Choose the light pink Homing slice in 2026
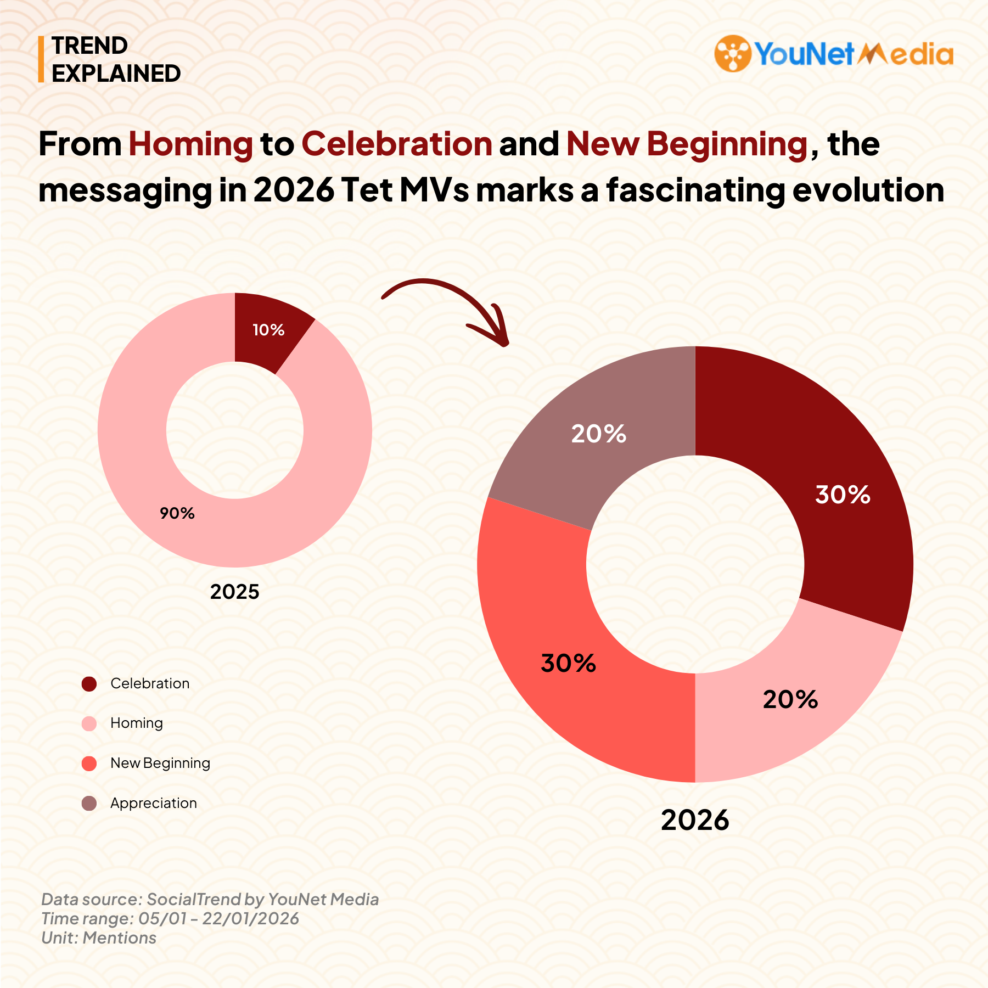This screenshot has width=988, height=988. click(785, 708)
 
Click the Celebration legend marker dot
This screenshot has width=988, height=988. click(89, 684)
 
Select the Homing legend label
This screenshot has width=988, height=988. click(137, 723)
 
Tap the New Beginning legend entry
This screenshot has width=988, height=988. click(160, 763)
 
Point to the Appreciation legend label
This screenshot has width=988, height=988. click(153, 803)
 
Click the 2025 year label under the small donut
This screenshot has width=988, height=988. click(234, 592)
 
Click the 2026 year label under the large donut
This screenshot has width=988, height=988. click(695, 820)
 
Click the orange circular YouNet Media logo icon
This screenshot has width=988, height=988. click(732, 53)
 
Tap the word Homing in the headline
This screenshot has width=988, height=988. click(190, 144)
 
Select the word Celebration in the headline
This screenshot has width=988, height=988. click(396, 144)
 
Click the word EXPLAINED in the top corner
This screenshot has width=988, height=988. click(116, 74)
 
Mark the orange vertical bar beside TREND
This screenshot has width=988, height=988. click(41, 59)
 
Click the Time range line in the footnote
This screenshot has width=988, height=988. click(170, 918)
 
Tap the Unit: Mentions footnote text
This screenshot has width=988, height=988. click(99, 938)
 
